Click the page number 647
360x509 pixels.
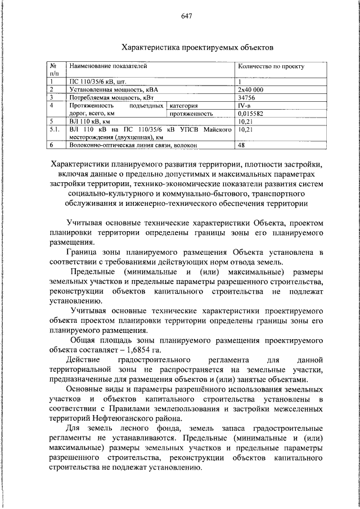click(187, 16)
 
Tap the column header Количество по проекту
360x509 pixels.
click(271, 66)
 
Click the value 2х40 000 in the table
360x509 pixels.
click(250, 89)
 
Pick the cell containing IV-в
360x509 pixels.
click(245, 105)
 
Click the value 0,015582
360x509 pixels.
click(251, 113)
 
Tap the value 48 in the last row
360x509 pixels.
click(242, 145)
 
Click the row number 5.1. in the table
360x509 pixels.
click(55, 129)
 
